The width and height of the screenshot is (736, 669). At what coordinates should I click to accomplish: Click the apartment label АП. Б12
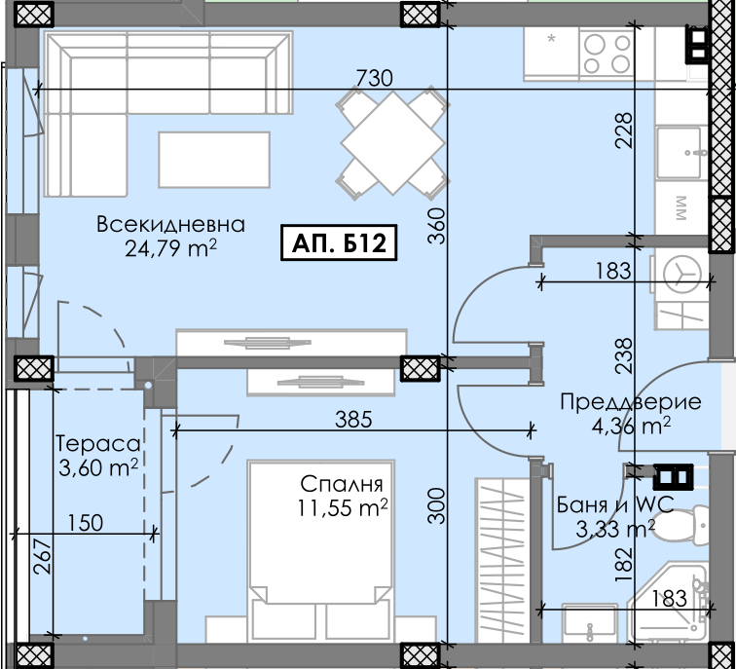(x=339, y=242)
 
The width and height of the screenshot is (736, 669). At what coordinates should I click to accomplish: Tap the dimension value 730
(x=374, y=78)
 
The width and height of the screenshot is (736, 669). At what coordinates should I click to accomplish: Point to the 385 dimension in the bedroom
(x=353, y=419)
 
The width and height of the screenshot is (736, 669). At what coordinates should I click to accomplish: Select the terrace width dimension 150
(x=86, y=523)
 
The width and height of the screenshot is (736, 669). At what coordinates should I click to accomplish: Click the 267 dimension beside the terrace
(x=42, y=556)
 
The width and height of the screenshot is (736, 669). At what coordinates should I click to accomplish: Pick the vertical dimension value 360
(x=436, y=226)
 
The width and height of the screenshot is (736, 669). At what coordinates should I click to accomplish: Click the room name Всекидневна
(x=171, y=224)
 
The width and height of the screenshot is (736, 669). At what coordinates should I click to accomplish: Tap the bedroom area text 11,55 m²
(x=343, y=507)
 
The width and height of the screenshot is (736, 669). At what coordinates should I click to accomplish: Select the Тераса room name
(x=98, y=444)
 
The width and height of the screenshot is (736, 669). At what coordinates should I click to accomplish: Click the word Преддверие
(x=631, y=402)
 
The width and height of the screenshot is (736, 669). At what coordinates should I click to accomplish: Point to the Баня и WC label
(x=615, y=504)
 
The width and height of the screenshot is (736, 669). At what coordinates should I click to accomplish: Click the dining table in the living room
(x=393, y=142)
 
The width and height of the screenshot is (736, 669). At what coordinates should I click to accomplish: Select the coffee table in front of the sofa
(x=214, y=160)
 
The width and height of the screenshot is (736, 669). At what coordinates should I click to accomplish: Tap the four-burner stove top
(x=607, y=53)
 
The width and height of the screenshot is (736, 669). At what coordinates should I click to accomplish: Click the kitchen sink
(x=681, y=153)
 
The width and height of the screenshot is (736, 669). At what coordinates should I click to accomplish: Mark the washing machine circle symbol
(x=682, y=274)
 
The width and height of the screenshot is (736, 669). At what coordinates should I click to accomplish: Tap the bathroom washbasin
(x=590, y=623)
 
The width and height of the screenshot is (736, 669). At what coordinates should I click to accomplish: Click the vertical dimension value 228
(x=624, y=130)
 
